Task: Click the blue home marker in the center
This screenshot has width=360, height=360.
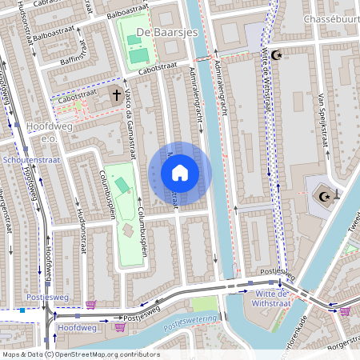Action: (180, 173)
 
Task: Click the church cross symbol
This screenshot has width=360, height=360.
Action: (116, 96)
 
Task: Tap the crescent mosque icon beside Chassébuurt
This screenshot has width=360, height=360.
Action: (277, 55)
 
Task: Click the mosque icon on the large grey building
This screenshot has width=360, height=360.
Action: (326, 196)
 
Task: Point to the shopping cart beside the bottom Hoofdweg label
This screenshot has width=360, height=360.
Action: (121, 326)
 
